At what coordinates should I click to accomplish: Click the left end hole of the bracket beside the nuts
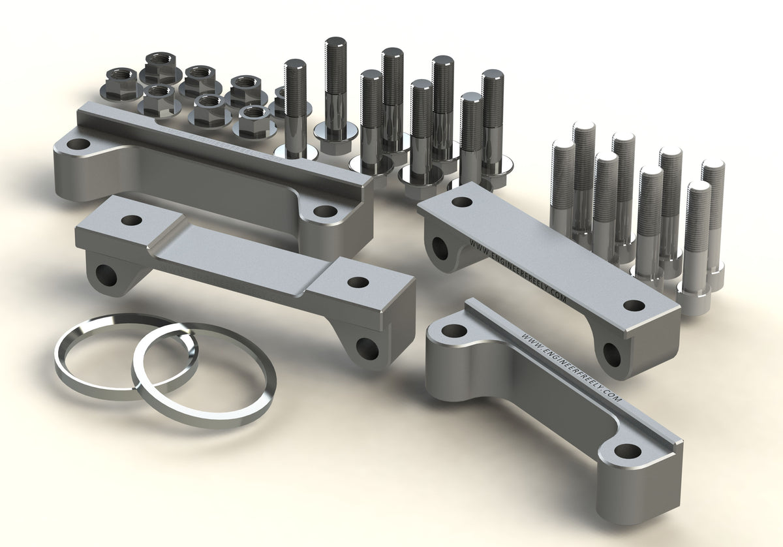coord(78,144)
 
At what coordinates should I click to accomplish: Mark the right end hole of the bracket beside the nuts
coord(324,211)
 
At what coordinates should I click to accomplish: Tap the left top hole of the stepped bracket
coord(131,221)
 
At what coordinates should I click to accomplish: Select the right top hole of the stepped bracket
coord(358,282)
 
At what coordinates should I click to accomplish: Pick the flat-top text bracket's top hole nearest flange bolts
coord(462,202)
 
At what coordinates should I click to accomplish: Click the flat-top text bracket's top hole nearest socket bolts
coord(634,305)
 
